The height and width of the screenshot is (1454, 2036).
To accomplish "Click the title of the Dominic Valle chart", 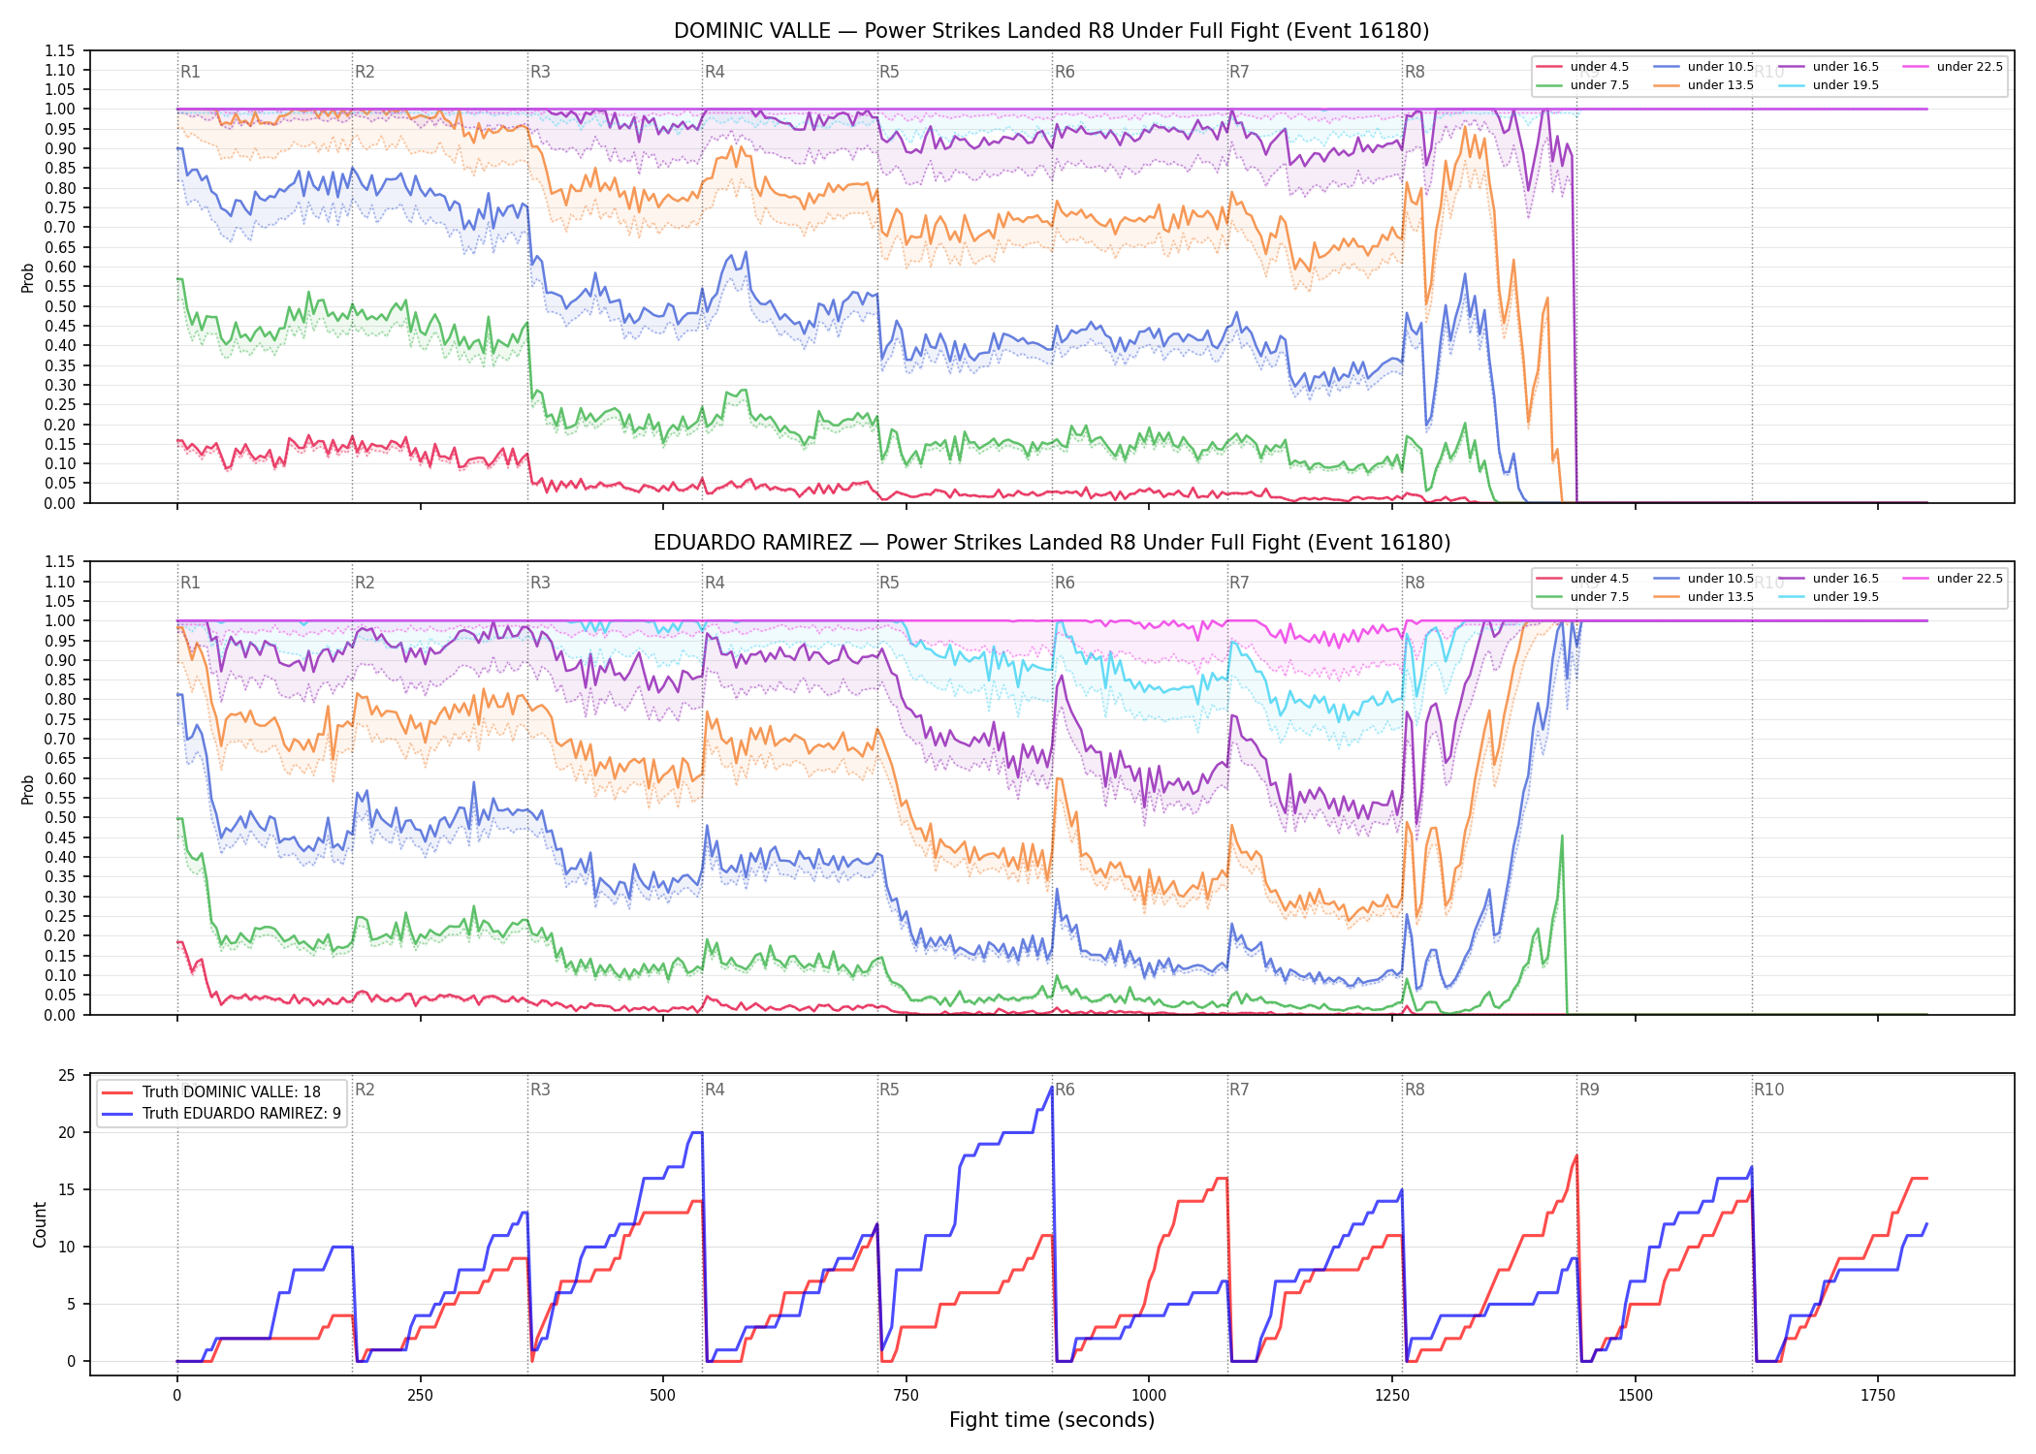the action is [x=1051, y=31].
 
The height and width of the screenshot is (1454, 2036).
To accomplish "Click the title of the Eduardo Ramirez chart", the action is [x=1051, y=543].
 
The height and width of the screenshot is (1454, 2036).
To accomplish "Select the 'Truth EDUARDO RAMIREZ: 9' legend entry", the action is [x=222, y=1113].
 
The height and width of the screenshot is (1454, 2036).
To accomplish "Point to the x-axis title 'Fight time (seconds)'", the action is [x=1052, y=1420].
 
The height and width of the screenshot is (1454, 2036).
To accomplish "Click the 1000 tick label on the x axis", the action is [x=1149, y=1395].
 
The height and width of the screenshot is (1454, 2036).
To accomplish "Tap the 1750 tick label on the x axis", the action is [x=1878, y=1395].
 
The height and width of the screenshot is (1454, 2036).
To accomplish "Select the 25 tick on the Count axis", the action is [x=67, y=1075].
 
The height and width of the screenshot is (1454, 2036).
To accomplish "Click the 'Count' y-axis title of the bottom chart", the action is [x=40, y=1224].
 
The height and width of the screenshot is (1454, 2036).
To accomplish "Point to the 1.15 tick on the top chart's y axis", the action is [x=60, y=50].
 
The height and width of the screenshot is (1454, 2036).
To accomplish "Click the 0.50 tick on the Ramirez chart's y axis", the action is [x=60, y=817].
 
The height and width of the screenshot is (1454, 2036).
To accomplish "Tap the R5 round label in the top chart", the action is [x=889, y=72].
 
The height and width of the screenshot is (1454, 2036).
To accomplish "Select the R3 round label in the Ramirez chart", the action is [x=540, y=583].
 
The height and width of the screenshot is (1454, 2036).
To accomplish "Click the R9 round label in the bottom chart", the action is [x=1589, y=1090].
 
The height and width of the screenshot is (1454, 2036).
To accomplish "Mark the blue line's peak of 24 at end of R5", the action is [x=1052, y=1087].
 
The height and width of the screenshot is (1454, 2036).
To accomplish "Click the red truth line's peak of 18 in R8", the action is [x=1576, y=1155].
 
